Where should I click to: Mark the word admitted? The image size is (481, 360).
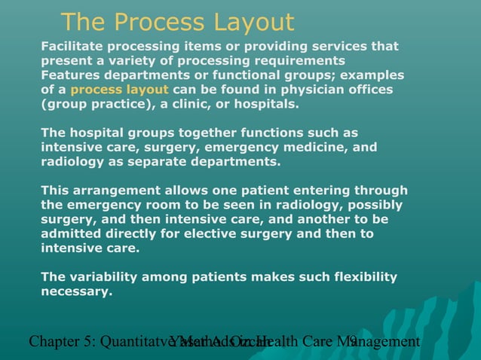point(69,233)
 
